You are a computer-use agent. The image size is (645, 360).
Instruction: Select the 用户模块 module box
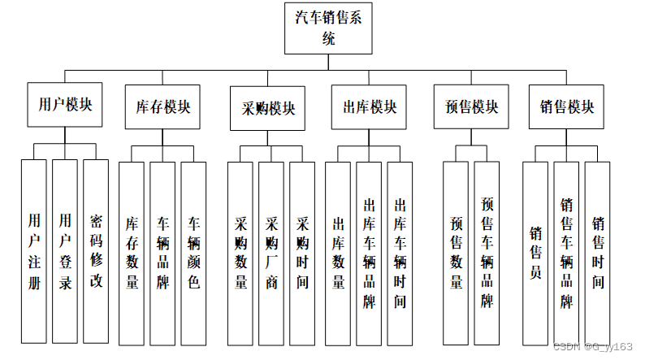65,106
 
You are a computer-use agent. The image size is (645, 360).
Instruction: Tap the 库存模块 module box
162,107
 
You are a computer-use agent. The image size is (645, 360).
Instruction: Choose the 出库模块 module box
370,107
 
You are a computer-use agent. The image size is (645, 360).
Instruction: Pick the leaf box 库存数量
132,252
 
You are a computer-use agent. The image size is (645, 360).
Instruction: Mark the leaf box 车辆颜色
193,252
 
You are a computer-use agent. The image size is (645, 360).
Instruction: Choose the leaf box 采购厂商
271,252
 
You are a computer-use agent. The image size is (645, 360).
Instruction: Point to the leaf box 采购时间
302,252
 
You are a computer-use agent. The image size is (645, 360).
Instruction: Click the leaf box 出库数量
339,252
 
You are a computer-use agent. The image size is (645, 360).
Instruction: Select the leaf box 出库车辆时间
400,252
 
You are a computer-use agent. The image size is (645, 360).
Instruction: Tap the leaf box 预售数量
456,252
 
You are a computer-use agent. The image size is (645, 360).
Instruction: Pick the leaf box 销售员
535,252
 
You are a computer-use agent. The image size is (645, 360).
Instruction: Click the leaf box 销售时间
597,252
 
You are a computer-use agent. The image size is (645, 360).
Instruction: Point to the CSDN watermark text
592,346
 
